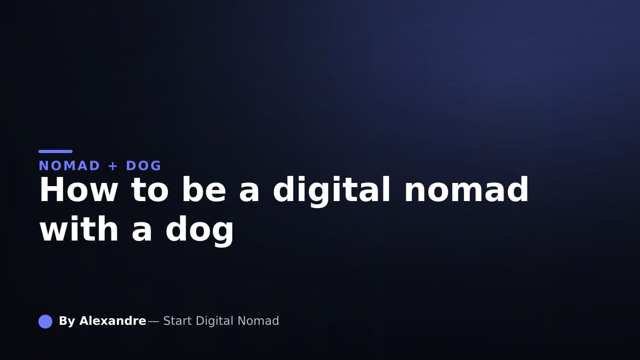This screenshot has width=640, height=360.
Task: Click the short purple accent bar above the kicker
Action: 55,151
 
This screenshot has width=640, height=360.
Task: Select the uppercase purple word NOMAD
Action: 69,166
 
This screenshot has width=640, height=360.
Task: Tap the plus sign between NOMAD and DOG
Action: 113,166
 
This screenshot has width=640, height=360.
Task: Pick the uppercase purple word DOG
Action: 143,166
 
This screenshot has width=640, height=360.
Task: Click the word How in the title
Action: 78,190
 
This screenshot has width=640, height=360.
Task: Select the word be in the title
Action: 204,189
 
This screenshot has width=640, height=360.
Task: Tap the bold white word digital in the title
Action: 332,191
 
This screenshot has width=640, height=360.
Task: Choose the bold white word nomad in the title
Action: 467,189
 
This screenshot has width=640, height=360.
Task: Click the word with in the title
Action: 79,229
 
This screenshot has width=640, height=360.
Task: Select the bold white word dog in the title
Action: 199,231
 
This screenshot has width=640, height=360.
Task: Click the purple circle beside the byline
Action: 45,322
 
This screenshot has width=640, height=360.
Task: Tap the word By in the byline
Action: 67,322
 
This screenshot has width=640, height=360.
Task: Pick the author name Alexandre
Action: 113,321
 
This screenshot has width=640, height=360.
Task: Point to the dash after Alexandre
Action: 154,322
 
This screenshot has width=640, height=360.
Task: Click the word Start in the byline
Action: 178,321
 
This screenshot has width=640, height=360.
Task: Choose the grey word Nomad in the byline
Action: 258,321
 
